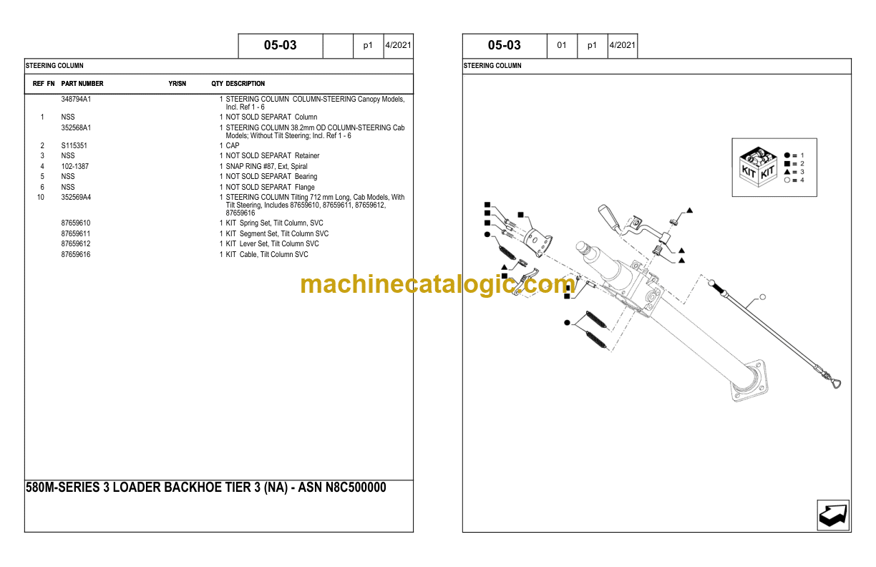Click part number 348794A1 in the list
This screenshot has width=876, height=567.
pyautogui.click(x=76, y=100)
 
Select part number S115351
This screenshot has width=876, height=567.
pyautogui.click(x=74, y=145)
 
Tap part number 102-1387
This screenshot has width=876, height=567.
pyautogui.click(x=74, y=166)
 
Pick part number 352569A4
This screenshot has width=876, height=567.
pyautogui.click(x=76, y=197)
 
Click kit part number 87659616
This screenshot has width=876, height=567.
pyautogui.click(x=76, y=254)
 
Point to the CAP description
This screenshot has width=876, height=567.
pyautogui.click(x=233, y=145)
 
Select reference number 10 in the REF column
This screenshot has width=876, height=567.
pyautogui.click(x=41, y=197)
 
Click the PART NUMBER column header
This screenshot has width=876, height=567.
pyautogui.click(x=82, y=84)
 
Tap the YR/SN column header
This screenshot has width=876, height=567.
pyautogui.click(x=177, y=84)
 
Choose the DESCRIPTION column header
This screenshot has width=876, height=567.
pyautogui.click(x=245, y=84)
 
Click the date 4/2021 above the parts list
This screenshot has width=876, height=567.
pyautogui.click(x=397, y=45)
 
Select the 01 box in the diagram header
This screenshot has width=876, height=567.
pyautogui.click(x=562, y=45)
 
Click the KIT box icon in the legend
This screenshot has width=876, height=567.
pyautogui.click(x=758, y=166)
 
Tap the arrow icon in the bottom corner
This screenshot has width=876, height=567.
pyautogui.click(x=833, y=515)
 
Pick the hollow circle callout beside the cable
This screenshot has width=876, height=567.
pyautogui.click(x=763, y=296)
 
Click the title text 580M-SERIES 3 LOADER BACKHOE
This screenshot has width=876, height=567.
pyautogui.click(x=205, y=488)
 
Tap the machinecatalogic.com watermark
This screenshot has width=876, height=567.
pyautogui.click(x=437, y=284)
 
